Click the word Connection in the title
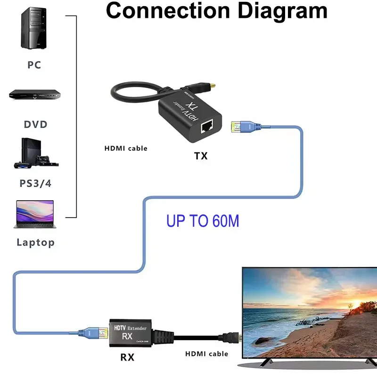click(x=163, y=10)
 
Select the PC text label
click(x=34, y=65)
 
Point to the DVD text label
click(x=36, y=124)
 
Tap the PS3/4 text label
click(x=35, y=183)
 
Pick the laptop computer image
click(x=35, y=214)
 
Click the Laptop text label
click(x=36, y=243)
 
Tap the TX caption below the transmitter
click(x=201, y=156)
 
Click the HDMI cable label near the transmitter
click(x=126, y=148)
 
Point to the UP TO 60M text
click(x=203, y=221)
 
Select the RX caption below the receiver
click(x=127, y=357)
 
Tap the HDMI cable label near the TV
click(x=206, y=353)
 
